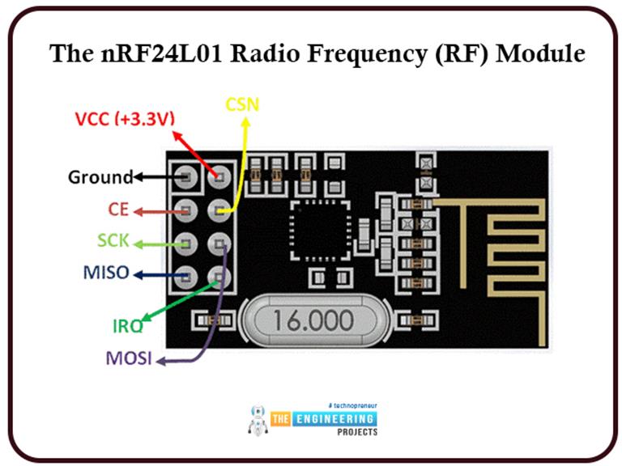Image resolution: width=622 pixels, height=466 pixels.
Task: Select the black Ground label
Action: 100,176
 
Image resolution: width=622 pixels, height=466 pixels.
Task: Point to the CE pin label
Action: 119,210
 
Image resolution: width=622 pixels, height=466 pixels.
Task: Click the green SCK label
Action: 113,241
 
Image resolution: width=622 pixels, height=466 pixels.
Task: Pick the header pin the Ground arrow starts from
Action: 187,176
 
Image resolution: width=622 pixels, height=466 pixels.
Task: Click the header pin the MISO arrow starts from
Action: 187,273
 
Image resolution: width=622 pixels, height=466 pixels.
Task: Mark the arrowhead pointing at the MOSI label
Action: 160,361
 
